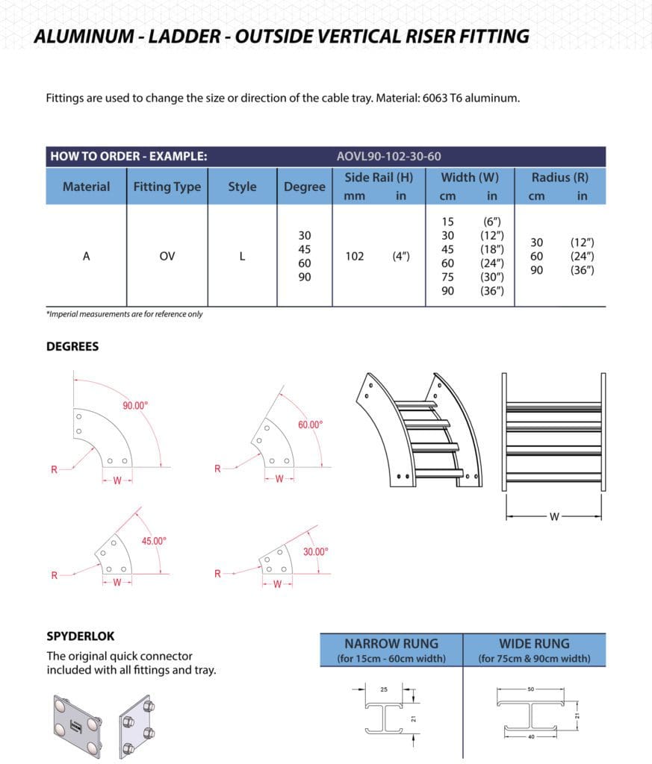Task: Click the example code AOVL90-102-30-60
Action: click(388, 157)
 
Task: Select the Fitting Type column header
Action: click(167, 187)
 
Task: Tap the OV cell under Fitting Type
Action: click(167, 256)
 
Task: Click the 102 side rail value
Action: click(355, 256)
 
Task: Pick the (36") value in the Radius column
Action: click(582, 270)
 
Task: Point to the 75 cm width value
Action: click(448, 277)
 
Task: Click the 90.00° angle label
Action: click(135, 405)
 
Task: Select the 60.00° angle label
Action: click(310, 425)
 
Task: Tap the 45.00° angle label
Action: click(154, 541)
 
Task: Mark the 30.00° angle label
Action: click(315, 551)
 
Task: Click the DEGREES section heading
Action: click(72, 347)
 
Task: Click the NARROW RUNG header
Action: click(391, 643)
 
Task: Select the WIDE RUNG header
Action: click(534, 643)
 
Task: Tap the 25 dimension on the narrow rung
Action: click(384, 689)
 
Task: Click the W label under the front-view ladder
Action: click(553, 516)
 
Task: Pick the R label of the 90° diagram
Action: click(54, 469)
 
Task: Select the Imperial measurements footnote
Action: click(125, 314)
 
